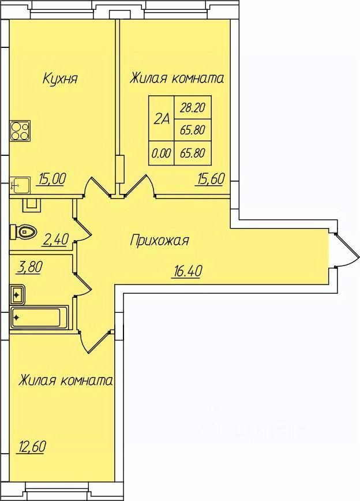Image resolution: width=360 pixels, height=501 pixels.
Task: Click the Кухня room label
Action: (x=60, y=78)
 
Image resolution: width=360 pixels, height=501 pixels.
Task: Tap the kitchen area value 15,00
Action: (x=52, y=179)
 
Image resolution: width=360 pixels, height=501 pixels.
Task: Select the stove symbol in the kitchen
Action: (x=21, y=130)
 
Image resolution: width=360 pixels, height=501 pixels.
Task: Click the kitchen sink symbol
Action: (x=20, y=185)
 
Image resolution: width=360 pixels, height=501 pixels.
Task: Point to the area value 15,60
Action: (x=210, y=179)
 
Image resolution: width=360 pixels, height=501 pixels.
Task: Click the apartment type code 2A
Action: (x=162, y=119)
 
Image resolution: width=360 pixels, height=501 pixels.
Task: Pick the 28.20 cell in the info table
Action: (x=192, y=108)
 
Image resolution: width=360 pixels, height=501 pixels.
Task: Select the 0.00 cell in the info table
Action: (x=162, y=153)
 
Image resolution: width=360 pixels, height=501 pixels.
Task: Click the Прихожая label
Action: (x=159, y=240)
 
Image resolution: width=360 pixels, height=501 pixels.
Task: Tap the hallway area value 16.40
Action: (x=187, y=272)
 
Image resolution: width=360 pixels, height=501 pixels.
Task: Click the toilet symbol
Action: (x=23, y=231)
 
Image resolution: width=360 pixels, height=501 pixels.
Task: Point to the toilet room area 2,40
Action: (x=55, y=240)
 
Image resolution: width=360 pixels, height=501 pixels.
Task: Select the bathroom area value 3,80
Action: (x=29, y=267)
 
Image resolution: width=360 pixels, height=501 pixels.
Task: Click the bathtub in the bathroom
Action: (x=39, y=317)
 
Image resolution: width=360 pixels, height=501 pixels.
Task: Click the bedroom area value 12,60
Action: (x=31, y=446)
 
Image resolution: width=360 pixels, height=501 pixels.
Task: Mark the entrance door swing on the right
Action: (x=347, y=250)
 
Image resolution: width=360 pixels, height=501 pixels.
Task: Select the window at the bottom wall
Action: (x=57, y=495)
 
